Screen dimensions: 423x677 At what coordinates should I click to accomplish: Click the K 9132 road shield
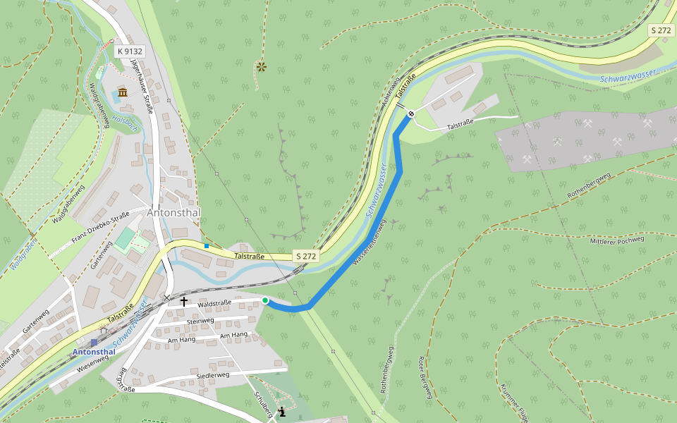130,51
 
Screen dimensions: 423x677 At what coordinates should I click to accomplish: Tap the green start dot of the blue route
265,301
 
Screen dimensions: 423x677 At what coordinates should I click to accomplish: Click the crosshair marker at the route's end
411,113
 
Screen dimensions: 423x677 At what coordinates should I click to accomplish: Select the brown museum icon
123,93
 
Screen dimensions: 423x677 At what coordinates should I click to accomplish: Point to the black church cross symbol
184,302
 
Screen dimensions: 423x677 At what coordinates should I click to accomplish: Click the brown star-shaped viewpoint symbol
262,67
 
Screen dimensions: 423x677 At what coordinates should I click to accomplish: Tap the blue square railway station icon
94,343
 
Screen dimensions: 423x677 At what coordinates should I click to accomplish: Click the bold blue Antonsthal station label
94,352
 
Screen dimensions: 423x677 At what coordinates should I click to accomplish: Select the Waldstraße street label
214,305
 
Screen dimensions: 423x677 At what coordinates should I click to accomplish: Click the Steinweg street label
200,321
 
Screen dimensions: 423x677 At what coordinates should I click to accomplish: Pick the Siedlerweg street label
213,376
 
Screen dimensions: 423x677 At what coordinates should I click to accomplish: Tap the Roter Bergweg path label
425,378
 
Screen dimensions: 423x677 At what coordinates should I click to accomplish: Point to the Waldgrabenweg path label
98,105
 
